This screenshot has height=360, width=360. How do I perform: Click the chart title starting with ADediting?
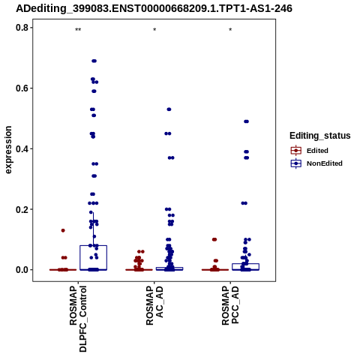click(154, 8)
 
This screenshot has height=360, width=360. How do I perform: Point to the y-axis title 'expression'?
click(8, 150)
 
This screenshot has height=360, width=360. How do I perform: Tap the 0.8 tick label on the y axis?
click(22, 28)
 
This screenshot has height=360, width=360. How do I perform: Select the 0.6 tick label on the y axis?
click(22, 88)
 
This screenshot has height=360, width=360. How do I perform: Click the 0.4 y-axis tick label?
click(22, 148)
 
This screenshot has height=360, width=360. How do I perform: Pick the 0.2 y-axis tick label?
click(22, 209)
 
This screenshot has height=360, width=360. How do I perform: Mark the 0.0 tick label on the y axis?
click(22, 270)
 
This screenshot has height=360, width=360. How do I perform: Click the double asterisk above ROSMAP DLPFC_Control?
click(78, 30)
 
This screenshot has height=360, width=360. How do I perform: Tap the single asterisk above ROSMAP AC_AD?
click(154, 30)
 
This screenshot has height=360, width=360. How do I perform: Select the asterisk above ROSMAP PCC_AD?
click(230, 30)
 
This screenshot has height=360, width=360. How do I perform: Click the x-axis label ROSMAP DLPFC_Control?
click(78, 319)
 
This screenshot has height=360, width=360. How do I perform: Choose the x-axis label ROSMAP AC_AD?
click(154, 306)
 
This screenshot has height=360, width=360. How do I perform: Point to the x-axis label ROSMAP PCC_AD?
click(230, 305)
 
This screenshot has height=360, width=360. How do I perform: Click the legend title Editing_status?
click(320, 136)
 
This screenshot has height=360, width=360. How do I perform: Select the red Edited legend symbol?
click(296, 151)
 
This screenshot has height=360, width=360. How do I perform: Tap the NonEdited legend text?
click(325, 163)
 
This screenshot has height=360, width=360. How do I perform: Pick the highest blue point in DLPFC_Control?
click(94, 61)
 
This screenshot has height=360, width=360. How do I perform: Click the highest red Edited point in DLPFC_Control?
click(63, 230)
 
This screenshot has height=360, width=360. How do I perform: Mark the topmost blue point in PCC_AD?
click(246, 121)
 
